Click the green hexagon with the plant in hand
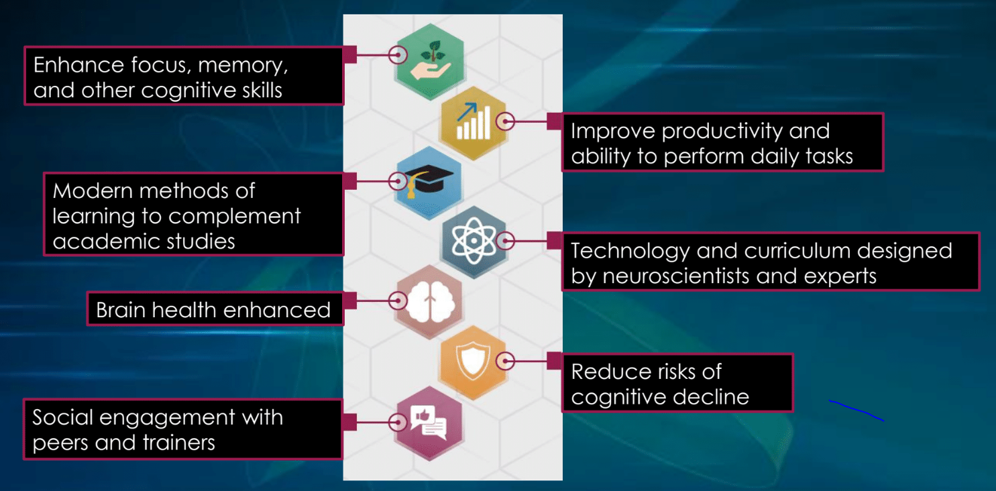[429, 62]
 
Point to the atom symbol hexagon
[474, 241]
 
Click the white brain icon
[431, 302]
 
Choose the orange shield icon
[472, 361]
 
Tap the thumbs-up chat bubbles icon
[429, 422]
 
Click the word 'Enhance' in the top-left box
[78, 65]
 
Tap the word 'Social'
[62, 417]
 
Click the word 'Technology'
[630, 252]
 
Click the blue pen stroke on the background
[856, 410]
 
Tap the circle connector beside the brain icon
[398, 301]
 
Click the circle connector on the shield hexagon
[505, 361]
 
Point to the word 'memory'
[243, 66]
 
